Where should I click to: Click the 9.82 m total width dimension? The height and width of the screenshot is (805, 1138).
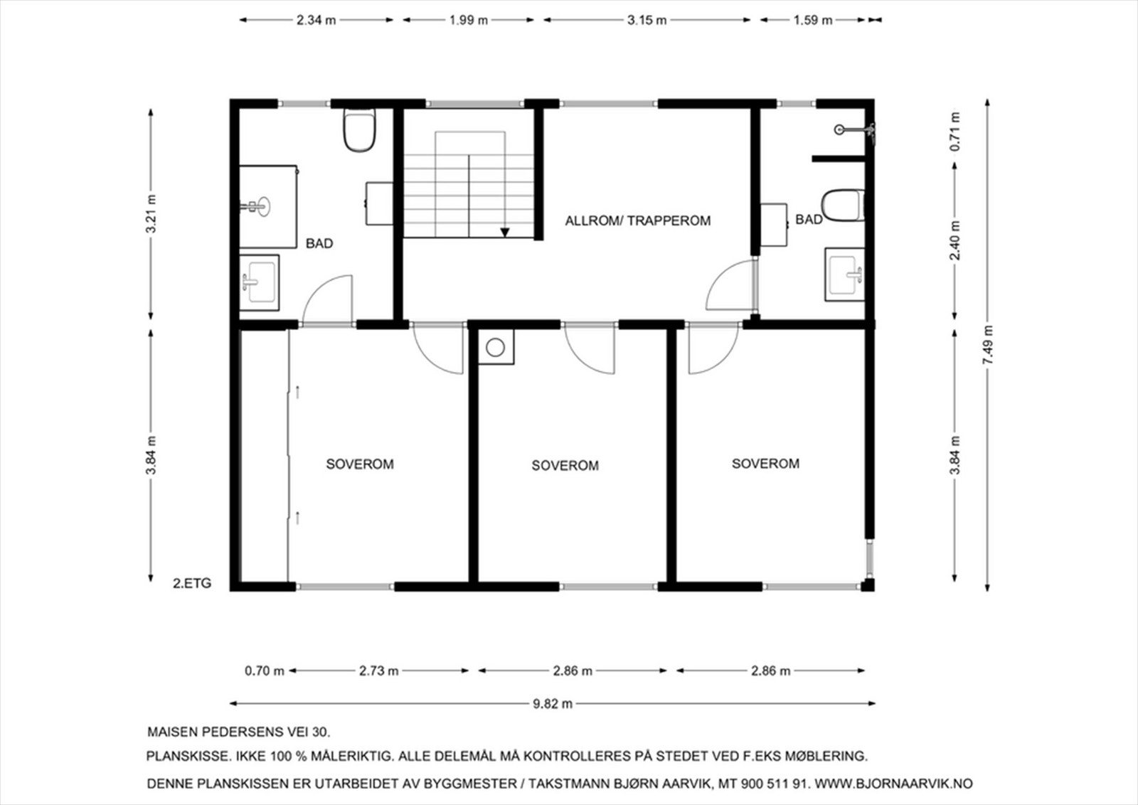click(553, 704)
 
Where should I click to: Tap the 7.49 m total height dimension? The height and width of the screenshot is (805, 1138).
click(988, 346)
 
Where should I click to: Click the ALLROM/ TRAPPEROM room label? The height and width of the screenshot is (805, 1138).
click(637, 220)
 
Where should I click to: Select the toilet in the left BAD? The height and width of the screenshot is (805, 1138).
click(359, 131)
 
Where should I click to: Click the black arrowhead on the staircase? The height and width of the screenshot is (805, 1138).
click(505, 232)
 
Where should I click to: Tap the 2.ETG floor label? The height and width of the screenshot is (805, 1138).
click(192, 584)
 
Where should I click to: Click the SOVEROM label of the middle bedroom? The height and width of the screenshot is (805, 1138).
click(565, 466)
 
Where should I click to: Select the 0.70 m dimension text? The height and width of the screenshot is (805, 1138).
click(264, 671)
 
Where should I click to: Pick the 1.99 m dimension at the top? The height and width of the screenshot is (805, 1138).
click(468, 20)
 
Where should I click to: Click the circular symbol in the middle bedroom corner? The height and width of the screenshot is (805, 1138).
click(496, 348)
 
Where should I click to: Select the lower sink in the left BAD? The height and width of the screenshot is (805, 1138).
click(259, 282)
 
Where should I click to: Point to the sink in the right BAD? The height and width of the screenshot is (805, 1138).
click(845, 274)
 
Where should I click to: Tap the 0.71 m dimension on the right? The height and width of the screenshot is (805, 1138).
click(955, 131)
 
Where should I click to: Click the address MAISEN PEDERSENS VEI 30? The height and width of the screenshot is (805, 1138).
click(238, 731)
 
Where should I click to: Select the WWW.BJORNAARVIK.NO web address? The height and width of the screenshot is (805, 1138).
click(893, 784)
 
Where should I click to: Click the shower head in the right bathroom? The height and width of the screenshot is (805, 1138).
click(841, 129)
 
